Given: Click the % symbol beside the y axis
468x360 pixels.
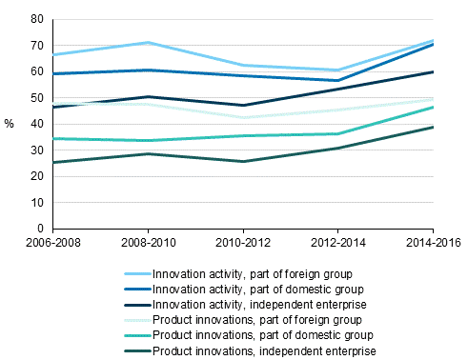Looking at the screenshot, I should pyautogui.click(x=10, y=124).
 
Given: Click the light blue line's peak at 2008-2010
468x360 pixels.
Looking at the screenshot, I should pyautogui.click(x=148, y=43).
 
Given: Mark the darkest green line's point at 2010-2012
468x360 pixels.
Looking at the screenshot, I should pyautogui.click(x=243, y=161).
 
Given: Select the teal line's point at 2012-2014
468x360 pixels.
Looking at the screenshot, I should pyautogui.click(x=338, y=133).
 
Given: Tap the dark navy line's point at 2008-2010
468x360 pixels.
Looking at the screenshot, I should pyautogui.click(x=148, y=96).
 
